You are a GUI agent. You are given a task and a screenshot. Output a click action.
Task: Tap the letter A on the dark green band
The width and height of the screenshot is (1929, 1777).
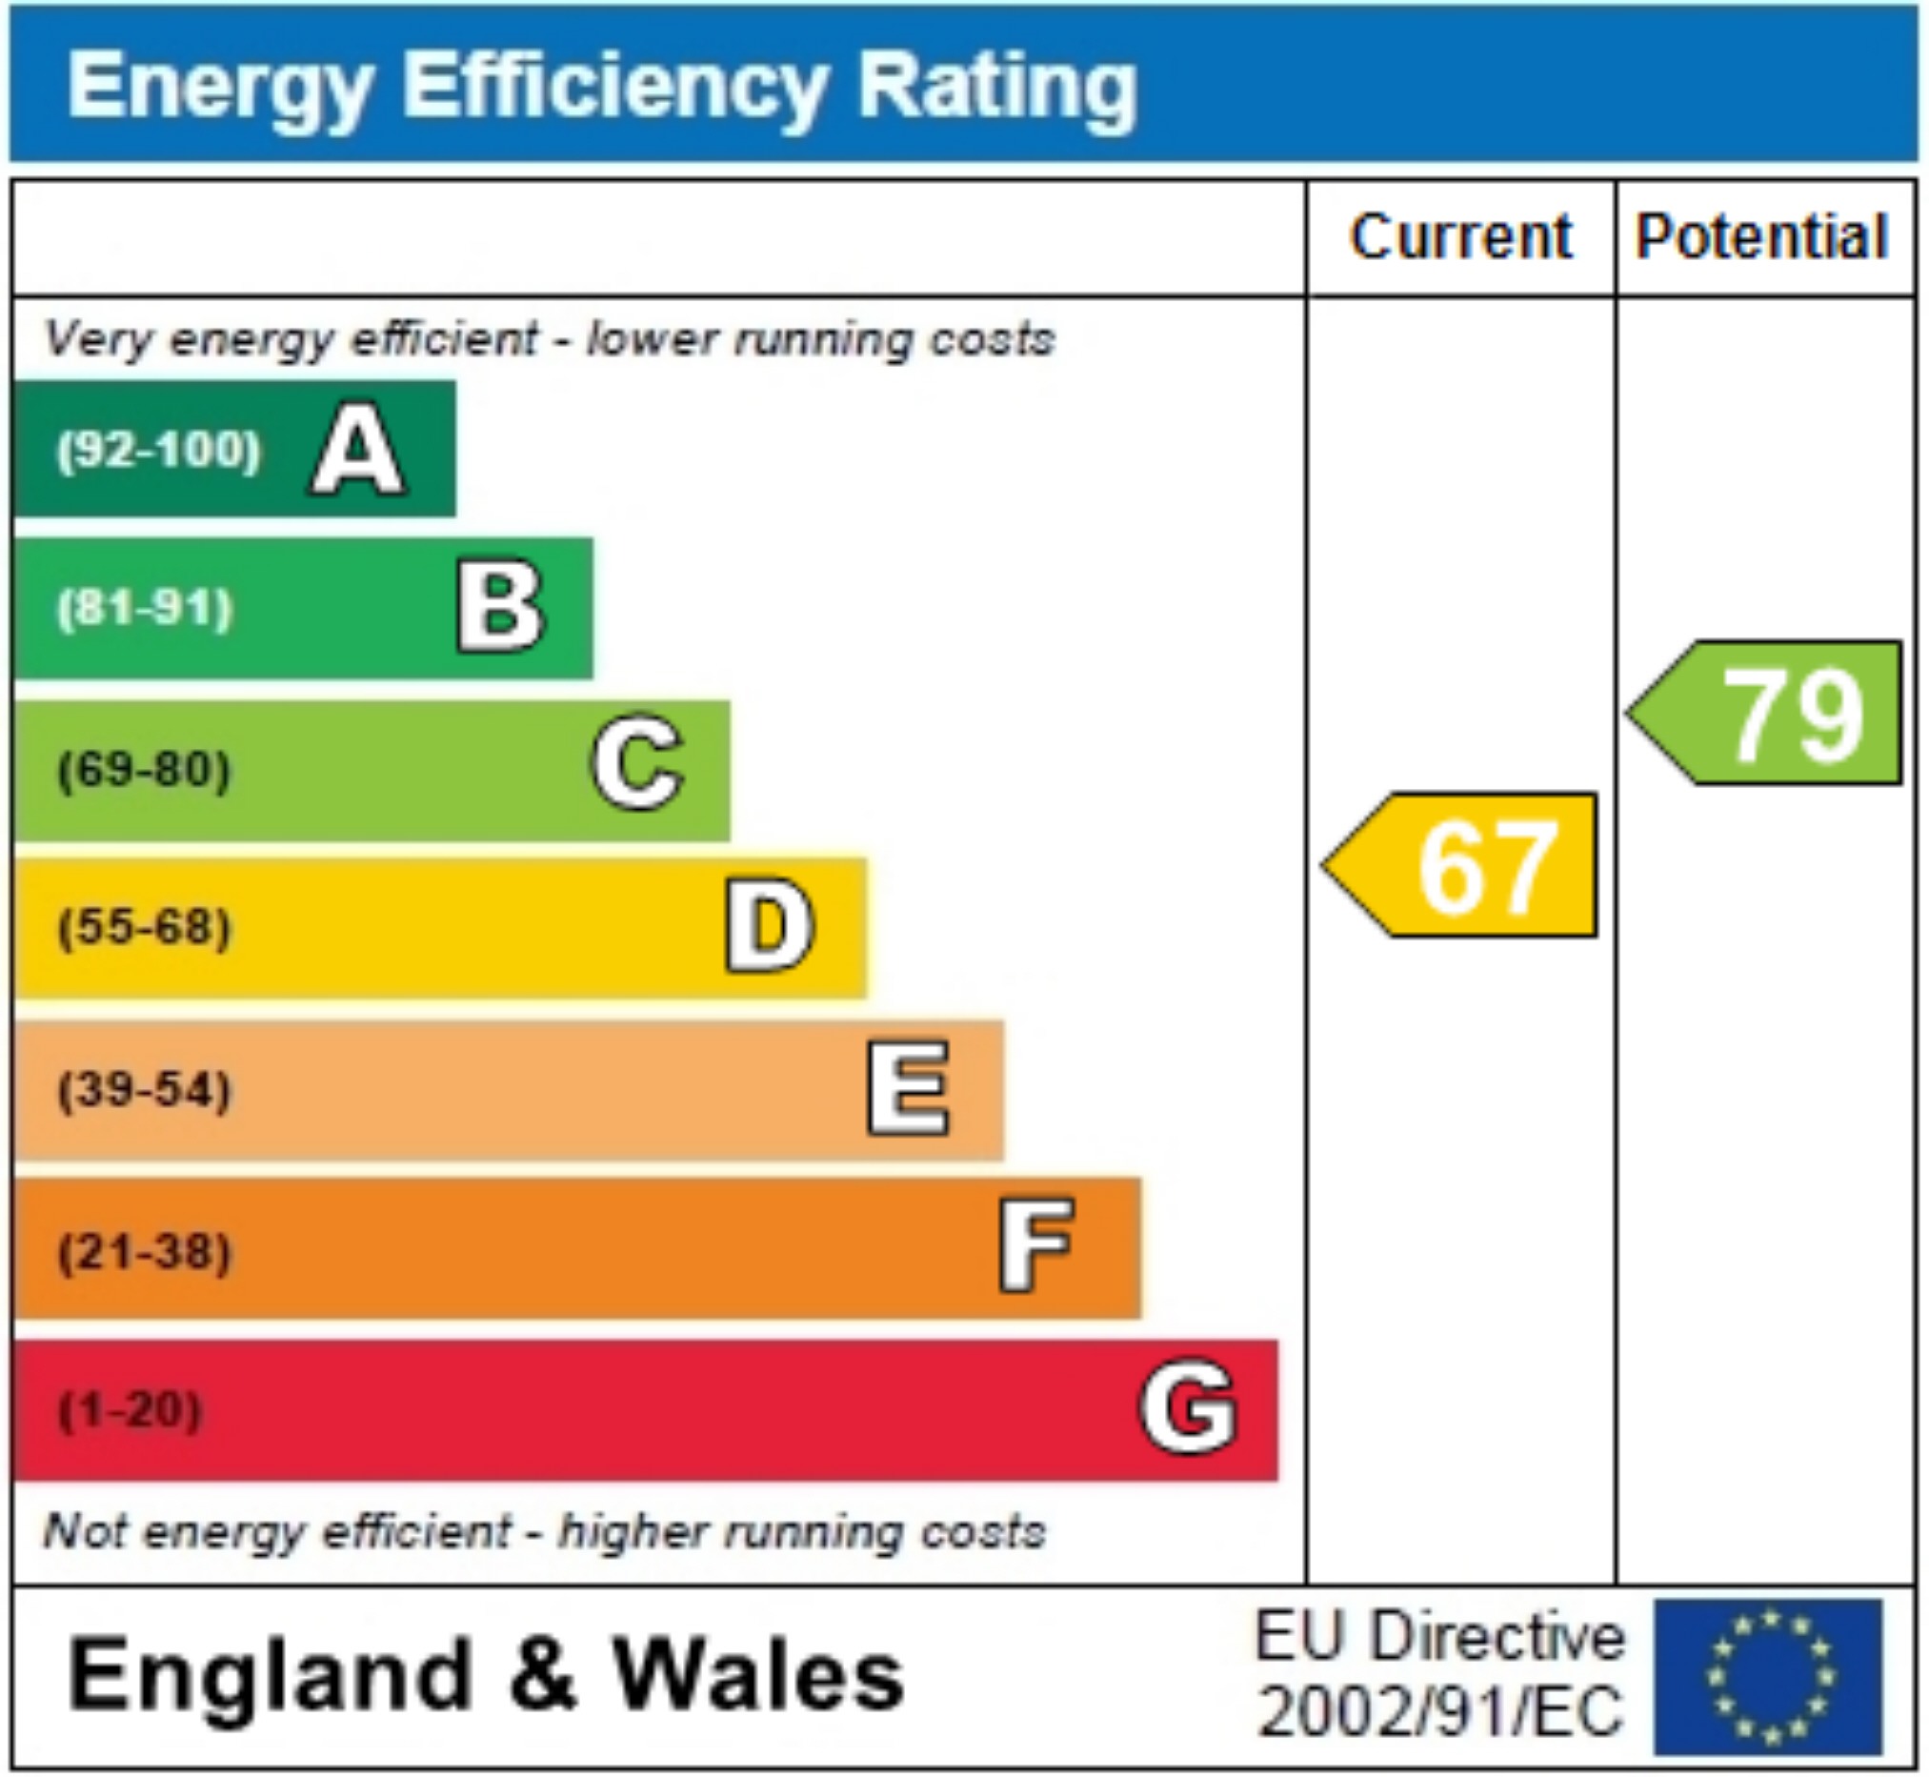pyautogui.click(x=357, y=450)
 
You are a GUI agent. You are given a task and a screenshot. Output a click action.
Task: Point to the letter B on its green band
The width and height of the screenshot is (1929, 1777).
pyautogui.click(x=501, y=607)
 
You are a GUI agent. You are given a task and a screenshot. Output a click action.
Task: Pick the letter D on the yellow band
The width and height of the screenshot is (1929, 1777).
pyautogui.click(x=769, y=927)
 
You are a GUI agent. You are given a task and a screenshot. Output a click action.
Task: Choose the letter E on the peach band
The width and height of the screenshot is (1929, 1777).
pyautogui.click(x=908, y=1088)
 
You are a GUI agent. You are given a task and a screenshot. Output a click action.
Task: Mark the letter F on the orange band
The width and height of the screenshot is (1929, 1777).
pyautogui.click(x=1036, y=1247)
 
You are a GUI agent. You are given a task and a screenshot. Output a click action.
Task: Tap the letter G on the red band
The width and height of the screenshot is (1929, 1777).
pyautogui.click(x=1188, y=1406)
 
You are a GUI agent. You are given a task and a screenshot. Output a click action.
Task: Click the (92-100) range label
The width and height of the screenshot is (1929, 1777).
pyautogui.click(x=158, y=450)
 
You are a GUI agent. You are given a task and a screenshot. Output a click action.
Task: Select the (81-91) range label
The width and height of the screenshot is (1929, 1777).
pyautogui.click(x=145, y=609)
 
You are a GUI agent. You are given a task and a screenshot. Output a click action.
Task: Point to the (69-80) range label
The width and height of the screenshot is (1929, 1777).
pyautogui.click(x=145, y=769)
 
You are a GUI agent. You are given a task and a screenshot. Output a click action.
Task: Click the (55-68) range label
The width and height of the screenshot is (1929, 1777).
pyautogui.click(x=145, y=928)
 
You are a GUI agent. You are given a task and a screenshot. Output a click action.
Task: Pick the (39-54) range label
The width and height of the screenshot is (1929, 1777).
pyautogui.click(x=145, y=1089)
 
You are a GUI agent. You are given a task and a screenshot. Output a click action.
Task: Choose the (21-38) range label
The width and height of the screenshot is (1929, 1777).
pyautogui.click(x=145, y=1251)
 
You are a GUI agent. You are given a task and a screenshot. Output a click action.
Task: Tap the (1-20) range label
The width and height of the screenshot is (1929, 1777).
pyautogui.click(x=131, y=1410)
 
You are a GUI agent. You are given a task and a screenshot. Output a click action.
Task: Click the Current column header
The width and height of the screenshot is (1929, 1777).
pyautogui.click(x=1461, y=236)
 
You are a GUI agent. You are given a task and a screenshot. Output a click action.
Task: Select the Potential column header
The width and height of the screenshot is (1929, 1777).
pyautogui.click(x=1761, y=236)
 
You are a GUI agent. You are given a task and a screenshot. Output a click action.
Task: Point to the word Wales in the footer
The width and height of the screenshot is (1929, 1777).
pyautogui.click(x=759, y=1675)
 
